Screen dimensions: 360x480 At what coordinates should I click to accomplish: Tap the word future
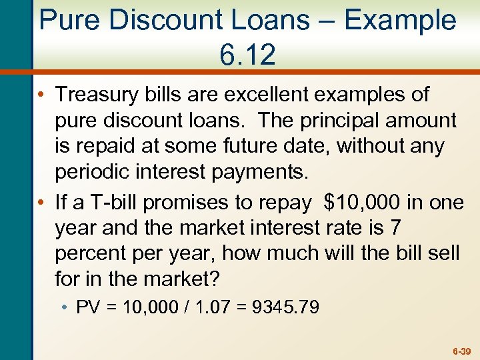251,146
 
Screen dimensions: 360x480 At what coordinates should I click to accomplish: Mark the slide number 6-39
461,350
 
